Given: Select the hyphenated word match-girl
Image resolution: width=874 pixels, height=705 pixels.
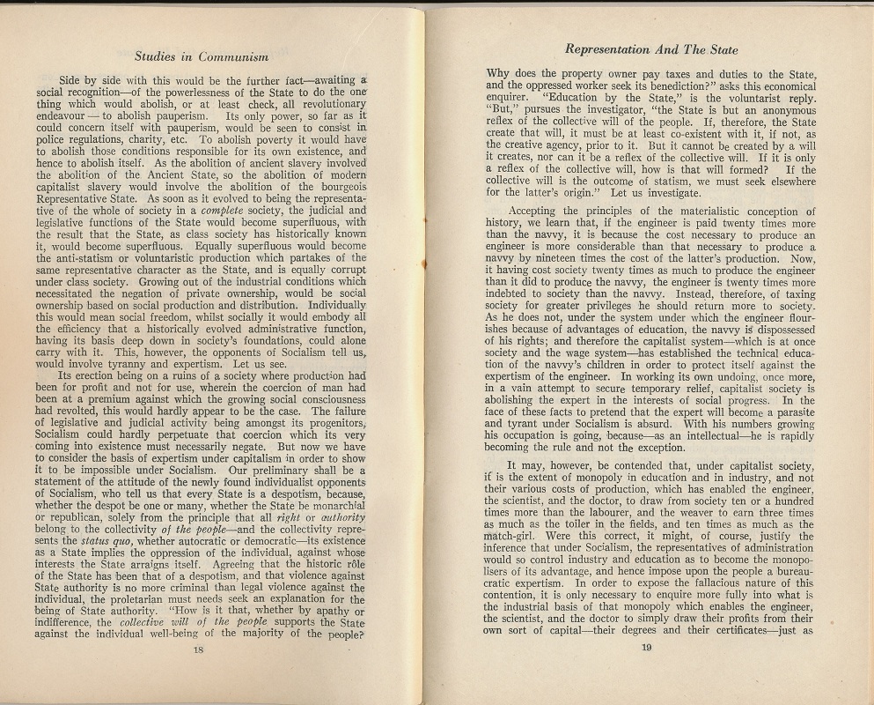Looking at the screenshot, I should coord(519,537).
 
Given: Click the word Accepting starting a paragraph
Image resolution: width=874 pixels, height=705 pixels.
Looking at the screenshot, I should coord(537,211).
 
